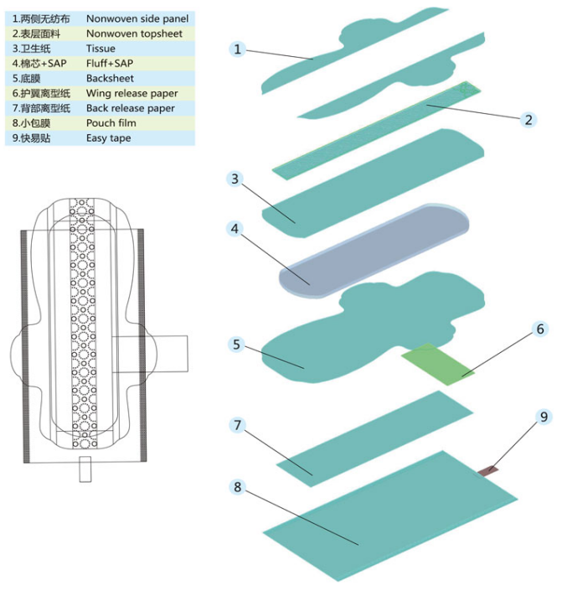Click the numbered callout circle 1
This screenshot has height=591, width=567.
[237, 49]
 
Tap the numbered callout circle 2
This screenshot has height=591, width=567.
[528, 120]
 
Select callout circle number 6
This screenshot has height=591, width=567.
[540, 329]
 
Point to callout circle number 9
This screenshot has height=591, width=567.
[544, 417]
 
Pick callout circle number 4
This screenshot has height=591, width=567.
[235, 228]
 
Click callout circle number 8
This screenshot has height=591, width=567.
[237, 486]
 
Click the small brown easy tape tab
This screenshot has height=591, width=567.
[488, 471]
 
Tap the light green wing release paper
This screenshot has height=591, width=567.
[438, 363]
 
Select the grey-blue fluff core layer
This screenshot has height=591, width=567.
[374, 251]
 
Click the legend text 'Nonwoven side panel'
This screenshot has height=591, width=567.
[137, 18]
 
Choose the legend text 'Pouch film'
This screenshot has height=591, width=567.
[111, 123]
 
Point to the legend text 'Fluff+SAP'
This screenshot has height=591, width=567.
[110, 64]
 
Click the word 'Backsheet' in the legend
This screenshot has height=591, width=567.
[110, 78]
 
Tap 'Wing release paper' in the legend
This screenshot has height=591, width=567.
[131, 93]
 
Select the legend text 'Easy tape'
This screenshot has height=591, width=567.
[108, 138]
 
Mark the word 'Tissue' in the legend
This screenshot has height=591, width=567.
[101, 49]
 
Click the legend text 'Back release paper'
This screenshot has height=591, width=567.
[131, 108]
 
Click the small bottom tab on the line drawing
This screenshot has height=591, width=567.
[85, 469]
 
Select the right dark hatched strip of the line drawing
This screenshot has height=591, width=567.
[142, 345]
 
